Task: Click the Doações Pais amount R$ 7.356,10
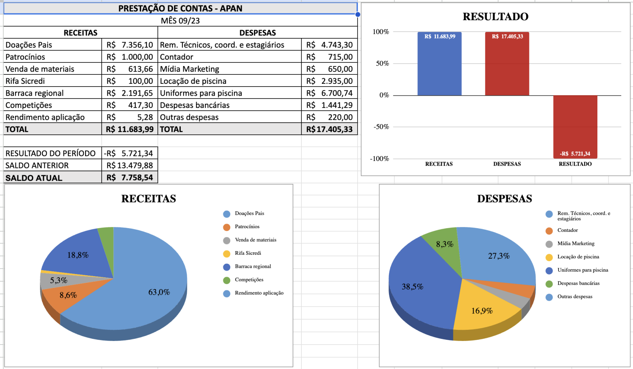pyautogui.click(x=130, y=45)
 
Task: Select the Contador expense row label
pyautogui.click(x=176, y=57)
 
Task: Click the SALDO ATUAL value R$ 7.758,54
pyautogui.click(x=130, y=178)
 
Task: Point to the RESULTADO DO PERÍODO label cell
pyautogui.click(x=51, y=153)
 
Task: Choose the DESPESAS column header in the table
pyautogui.click(x=258, y=33)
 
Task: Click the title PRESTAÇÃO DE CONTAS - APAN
pyautogui.click(x=180, y=8)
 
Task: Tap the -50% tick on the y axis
pyautogui.click(x=381, y=127)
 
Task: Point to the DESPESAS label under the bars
pyautogui.click(x=507, y=164)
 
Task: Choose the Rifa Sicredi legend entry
pyautogui.click(x=248, y=253)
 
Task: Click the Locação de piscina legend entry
pyautogui.click(x=578, y=257)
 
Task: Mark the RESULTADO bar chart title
pyautogui.click(x=495, y=17)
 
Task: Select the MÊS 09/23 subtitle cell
pyautogui.click(x=180, y=21)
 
